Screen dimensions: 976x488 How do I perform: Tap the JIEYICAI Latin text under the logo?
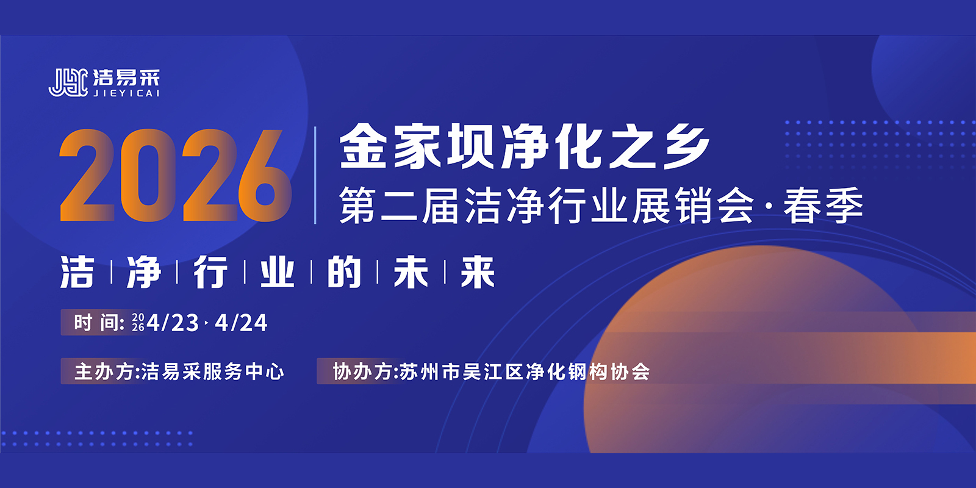point(126,93)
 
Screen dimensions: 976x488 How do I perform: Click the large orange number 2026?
point(175,175)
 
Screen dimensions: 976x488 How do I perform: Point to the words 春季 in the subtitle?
point(823,205)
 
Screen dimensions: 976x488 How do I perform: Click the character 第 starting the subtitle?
point(357,205)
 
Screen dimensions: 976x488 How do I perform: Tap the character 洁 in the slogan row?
point(77,272)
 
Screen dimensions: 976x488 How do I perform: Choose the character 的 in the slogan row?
point(344,272)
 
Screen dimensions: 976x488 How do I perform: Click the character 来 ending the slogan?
point(478,272)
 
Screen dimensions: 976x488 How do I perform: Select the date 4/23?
point(173,323)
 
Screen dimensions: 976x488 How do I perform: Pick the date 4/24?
point(241,323)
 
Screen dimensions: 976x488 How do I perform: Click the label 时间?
point(95,323)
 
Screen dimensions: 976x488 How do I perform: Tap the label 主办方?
point(104,371)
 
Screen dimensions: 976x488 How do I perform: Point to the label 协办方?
point(362,371)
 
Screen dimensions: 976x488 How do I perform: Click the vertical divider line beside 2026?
point(315,175)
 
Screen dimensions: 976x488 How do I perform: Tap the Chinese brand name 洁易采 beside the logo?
point(126,77)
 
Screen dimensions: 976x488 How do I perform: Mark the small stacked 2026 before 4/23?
point(138,323)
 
